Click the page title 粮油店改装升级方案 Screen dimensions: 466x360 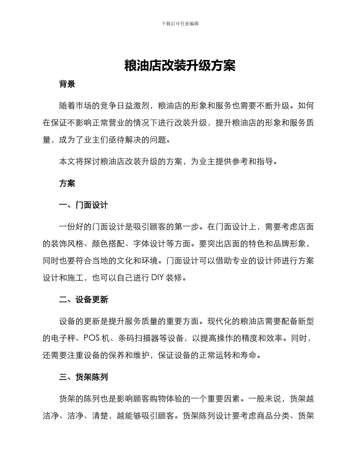click(x=180, y=66)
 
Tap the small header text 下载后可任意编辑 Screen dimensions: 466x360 click(x=180, y=23)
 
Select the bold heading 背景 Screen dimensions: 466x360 click(x=67, y=84)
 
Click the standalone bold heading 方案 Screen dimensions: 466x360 click(x=67, y=184)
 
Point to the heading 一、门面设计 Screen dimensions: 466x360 click(x=84, y=205)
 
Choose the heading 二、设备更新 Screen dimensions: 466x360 click(x=84, y=300)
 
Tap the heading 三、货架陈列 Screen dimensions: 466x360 click(x=84, y=377)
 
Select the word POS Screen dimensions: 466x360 click(x=91, y=338)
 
